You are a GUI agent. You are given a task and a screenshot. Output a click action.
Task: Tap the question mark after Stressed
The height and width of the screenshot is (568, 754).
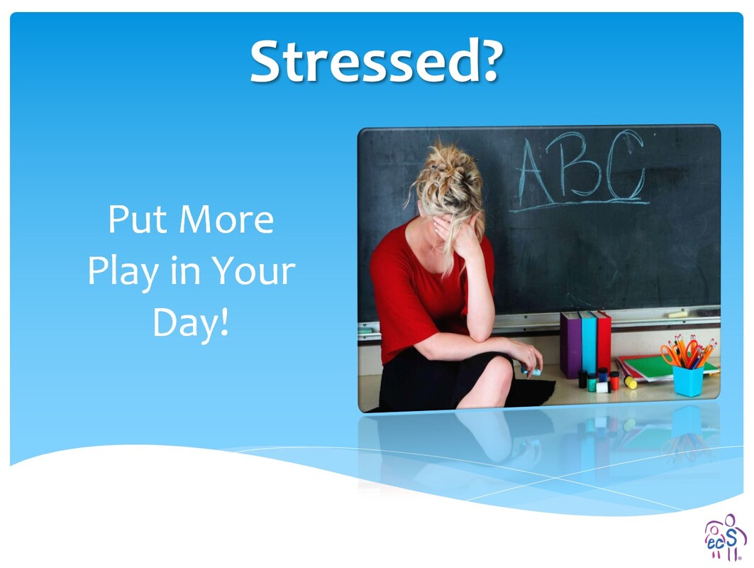tap(487, 60)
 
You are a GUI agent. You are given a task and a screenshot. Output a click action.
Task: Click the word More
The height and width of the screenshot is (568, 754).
tap(226, 220)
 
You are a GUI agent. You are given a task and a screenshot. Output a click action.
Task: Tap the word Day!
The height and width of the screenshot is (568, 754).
tap(190, 324)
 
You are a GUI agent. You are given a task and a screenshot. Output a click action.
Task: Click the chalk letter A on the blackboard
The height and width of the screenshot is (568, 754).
tap(535, 173)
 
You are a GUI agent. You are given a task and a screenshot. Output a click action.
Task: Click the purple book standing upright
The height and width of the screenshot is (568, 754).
tap(571, 344)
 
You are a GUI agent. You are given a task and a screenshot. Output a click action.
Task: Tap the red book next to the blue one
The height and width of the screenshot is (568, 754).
tap(604, 341)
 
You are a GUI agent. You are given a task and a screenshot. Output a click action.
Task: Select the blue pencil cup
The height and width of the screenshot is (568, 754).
tap(687, 381)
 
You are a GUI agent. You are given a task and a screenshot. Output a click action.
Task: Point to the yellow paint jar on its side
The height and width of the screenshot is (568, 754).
tap(630, 382)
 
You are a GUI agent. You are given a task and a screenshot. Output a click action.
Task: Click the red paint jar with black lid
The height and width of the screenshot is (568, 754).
tap(614, 381)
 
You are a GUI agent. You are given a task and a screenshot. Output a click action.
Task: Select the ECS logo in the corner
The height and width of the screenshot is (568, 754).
tap(725, 538)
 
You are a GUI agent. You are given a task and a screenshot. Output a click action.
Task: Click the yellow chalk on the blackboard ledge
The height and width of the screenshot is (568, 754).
tap(677, 315)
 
